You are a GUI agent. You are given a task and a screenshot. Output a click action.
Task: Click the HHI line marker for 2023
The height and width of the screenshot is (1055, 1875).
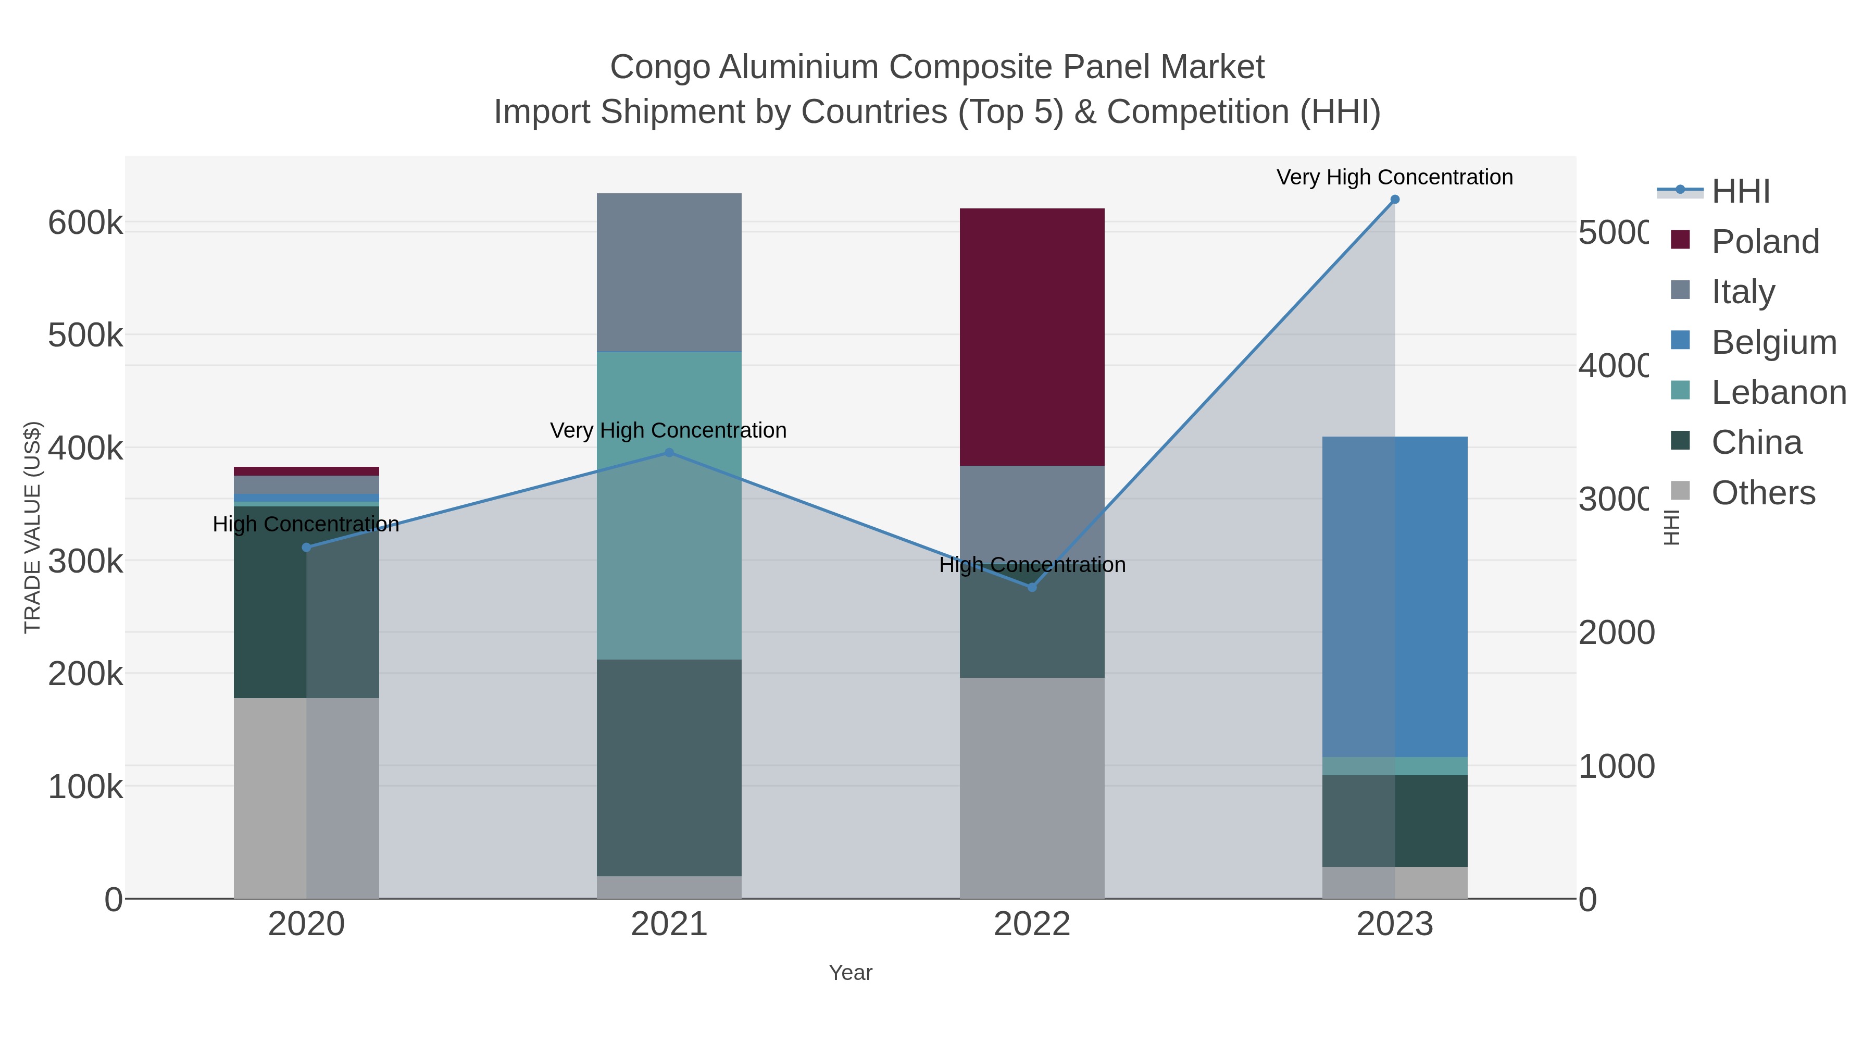[1395, 200]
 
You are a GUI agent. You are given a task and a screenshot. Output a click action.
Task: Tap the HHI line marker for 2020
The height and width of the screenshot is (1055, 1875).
[306, 548]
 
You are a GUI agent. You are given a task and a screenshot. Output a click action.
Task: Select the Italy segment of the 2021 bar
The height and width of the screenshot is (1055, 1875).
[669, 272]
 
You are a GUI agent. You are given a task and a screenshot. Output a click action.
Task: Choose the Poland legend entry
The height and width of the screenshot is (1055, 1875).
[1765, 242]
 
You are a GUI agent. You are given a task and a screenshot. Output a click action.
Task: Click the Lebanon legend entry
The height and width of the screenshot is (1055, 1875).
[1778, 392]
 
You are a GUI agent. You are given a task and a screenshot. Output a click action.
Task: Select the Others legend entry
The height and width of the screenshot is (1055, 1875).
[1763, 493]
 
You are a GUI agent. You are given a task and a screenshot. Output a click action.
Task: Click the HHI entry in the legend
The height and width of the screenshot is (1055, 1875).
[1740, 192]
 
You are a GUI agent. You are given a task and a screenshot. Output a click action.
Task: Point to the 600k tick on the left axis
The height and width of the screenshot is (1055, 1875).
[85, 223]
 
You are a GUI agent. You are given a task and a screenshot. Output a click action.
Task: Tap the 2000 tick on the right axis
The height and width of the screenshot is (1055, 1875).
[1616, 632]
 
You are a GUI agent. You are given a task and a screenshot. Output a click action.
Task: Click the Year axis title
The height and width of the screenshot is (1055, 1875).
[850, 973]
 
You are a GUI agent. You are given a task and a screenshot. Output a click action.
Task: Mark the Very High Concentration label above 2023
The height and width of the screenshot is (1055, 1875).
[1395, 178]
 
